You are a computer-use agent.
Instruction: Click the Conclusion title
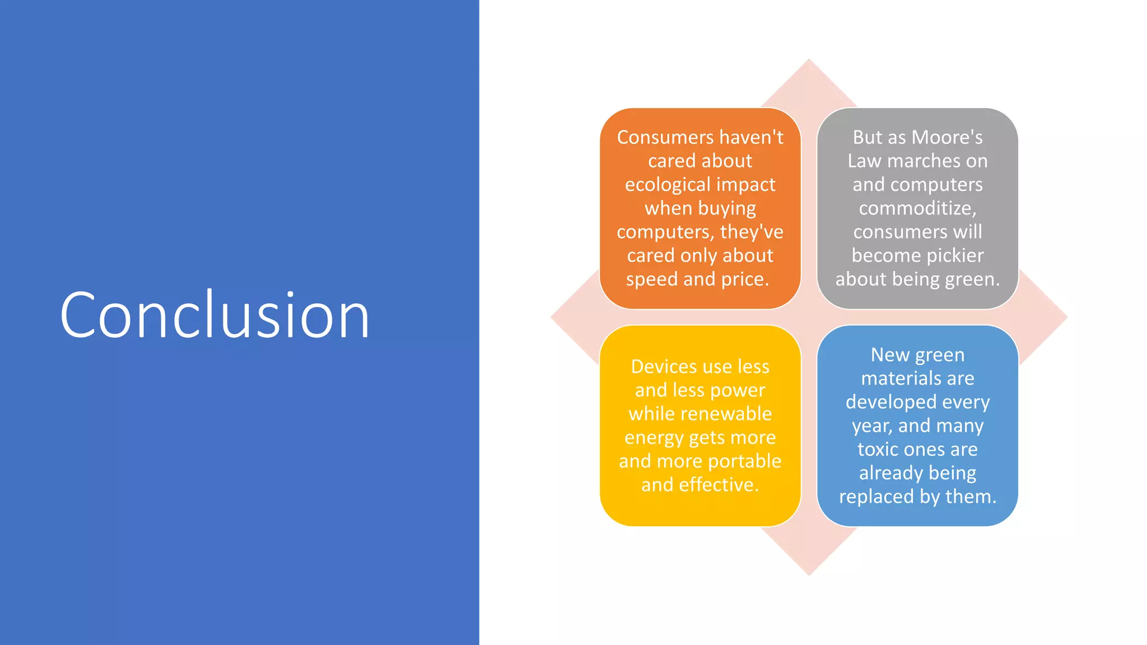tap(215, 315)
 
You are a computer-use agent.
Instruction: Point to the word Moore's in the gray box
tap(947, 138)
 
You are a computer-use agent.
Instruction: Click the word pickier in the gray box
tap(955, 256)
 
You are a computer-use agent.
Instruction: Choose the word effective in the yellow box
tap(719, 485)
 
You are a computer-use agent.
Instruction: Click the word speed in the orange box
tap(651, 279)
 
